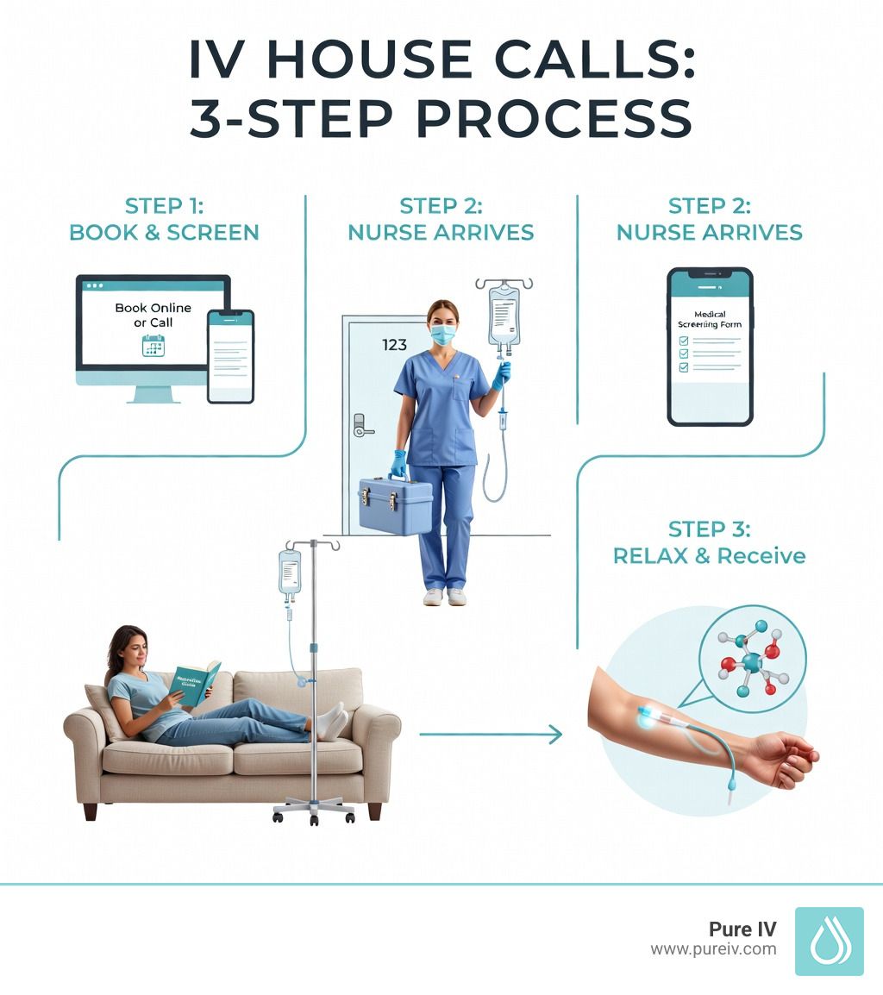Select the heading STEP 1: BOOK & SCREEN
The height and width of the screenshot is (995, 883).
coord(163,219)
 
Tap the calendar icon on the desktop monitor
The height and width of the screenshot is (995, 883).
coord(153,346)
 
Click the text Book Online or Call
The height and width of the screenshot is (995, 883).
coord(153,315)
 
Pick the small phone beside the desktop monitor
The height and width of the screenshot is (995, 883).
coord(230,356)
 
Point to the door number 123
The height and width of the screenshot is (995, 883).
coord(394,345)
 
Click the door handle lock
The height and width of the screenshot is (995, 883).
coord(361,424)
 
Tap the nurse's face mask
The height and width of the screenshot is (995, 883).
coord(442,335)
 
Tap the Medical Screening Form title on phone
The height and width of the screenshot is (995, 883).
coord(710,320)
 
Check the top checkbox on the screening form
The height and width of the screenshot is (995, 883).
coord(684,341)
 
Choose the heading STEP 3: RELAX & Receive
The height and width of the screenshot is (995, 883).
coord(709,541)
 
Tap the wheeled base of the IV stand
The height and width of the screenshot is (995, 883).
coord(314,810)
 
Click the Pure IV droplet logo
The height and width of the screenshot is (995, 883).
coord(829,941)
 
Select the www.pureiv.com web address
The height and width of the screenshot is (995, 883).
coord(713,949)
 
